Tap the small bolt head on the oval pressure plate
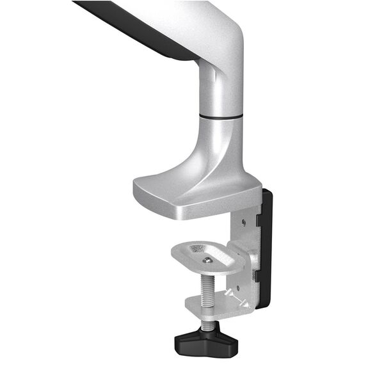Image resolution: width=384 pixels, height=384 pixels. click(x=207, y=259)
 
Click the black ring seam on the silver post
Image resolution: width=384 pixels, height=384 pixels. click(x=221, y=116)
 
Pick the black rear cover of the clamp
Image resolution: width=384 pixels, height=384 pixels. click(x=265, y=250)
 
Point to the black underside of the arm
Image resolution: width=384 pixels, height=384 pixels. click(x=147, y=29)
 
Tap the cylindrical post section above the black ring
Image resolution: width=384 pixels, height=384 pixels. click(x=221, y=93)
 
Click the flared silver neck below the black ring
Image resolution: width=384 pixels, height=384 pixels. click(x=221, y=144)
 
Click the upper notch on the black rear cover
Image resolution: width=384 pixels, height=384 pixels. click(x=257, y=219)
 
